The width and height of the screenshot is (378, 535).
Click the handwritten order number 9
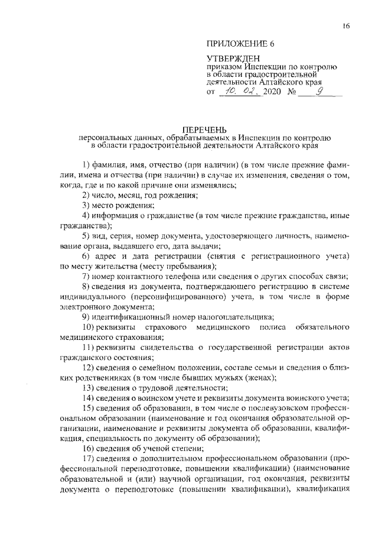pos(321,92)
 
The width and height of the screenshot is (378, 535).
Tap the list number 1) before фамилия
pos(86,163)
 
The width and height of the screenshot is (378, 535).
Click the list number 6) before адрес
pos(86,256)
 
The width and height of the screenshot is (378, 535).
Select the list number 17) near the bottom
pos(88,459)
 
